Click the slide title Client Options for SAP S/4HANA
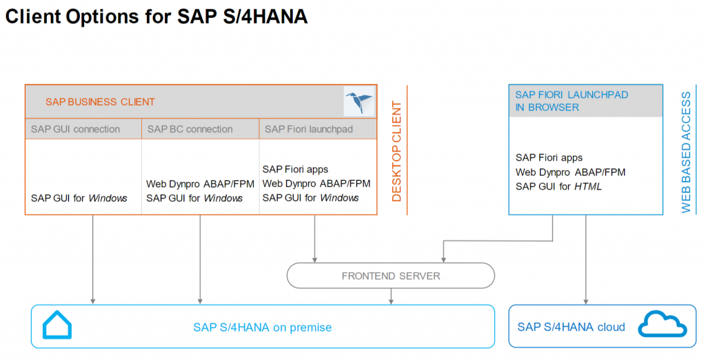pyautogui.click(x=156, y=17)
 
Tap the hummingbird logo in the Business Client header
pyautogui.click(x=359, y=102)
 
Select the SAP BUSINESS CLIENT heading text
pyautogui.click(x=100, y=102)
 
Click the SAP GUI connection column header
pyautogui.click(x=75, y=129)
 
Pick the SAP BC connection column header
pyautogui.click(x=190, y=129)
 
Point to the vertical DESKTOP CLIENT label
pyautogui.click(x=396, y=151)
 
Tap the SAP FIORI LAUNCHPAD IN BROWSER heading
pyautogui.click(x=572, y=101)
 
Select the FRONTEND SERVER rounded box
pyautogui.click(x=390, y=276)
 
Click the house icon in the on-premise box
pyautogui.click(x=57, y=326)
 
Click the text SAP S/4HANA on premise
pyautogui.click(x=262, y=327)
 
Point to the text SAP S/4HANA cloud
pyautogui.click(x=571, y=327)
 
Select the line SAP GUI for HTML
pyautogui.click(x=558, y=186)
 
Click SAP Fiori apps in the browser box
pyautogui.click(x=549, y=158)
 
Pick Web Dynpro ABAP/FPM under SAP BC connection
pyautogui.click(x=200, y=184)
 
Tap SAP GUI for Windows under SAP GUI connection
pyautogui.click(x=79, y=198)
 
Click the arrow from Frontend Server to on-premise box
pyautogui.click(x=392, y=296)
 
